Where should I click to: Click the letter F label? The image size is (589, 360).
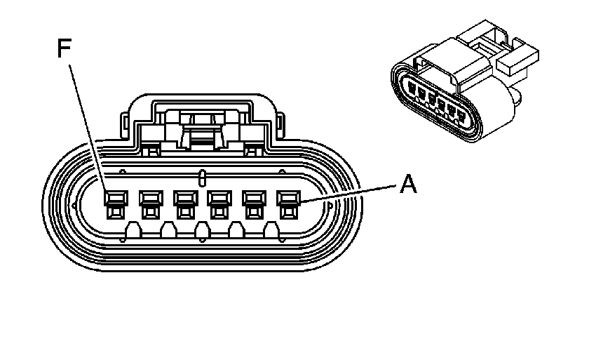click(x=65, y=48)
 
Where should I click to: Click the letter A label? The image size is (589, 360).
click(x=408, y=184)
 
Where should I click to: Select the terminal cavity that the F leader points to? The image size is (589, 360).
click(x=116, y=204)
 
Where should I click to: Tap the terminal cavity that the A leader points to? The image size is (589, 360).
click(x=288, y=204)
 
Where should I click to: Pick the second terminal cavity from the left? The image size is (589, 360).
click(x=151, y=204)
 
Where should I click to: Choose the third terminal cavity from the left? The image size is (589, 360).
click(x=186, y=204)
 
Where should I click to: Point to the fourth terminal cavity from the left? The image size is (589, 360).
click(x=219, y=204)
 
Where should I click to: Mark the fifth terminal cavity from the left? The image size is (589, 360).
click(x=255, y=204)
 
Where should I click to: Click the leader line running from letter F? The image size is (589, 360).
click(x=88, y=128)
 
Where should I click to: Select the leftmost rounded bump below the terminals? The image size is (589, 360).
click(x=133, y=230)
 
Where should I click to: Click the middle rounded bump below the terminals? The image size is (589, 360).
click(x=203, y=230)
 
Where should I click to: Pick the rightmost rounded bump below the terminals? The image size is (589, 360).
click(x=271, y=230)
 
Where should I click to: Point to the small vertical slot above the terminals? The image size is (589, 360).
click(x=202, y=178)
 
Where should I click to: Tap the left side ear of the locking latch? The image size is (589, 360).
click(x=124, y=126)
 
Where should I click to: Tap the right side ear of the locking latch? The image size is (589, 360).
click(x=280, y=126)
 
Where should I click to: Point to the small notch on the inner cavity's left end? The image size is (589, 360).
click(x=74, y=205)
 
